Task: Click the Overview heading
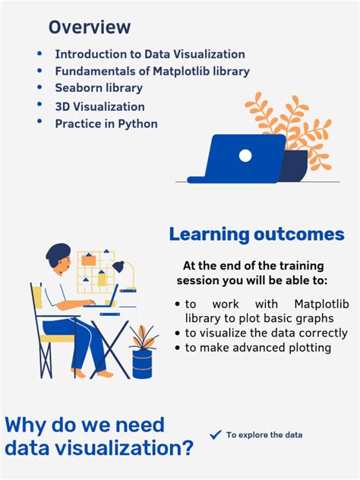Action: tap(90, 27)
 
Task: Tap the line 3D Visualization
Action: tap(99, 106)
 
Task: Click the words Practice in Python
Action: tap(106, 123)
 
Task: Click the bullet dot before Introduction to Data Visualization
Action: tap(39, 54)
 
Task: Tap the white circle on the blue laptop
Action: tap(245, 155)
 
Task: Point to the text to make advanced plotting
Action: tap(258, 348)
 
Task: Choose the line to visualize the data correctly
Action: tap(266, 333)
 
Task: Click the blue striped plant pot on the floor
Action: tap(143, 362)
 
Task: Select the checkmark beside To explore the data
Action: tap(215, 434)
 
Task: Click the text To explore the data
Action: tap(264, 435)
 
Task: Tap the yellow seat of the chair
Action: tap(58, 339)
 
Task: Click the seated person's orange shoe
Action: tap(104, 374)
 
